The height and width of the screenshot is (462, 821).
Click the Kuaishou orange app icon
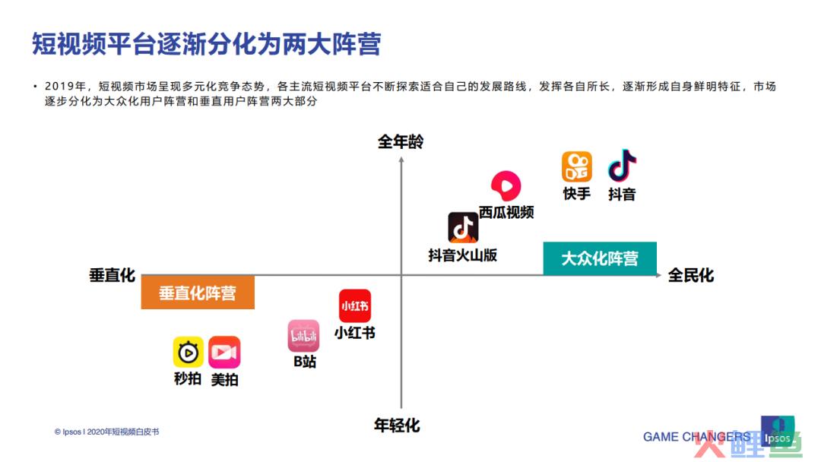[x=576, y=166]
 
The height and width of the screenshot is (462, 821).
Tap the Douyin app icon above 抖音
[x=622, y=166]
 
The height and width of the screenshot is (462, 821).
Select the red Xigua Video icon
[x=506, y=185]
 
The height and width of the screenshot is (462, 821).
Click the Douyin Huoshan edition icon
[x=463, y=228]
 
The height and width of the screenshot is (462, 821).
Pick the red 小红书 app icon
[x=355, y=305]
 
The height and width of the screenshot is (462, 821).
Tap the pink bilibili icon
[x=303, y=336]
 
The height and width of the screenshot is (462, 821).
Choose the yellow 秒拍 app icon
[x=188, y=352]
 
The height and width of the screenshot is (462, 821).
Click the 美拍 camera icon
[x=224, y=352]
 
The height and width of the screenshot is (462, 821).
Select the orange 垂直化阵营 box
[x=198, y=293]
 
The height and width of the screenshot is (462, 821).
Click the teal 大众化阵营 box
[x=600, y=258]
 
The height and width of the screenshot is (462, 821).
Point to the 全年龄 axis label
[x=401, y=142]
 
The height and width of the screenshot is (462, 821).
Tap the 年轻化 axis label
[x=397, y=426]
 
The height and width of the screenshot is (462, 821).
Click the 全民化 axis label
[x=690, y=275]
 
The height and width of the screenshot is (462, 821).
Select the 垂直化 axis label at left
[x=112, y=275]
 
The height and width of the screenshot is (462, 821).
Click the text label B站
[x=304, y=362]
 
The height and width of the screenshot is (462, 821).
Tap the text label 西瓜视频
[x=506, y=212]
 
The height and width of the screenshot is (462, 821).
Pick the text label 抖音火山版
[x=462, y=255]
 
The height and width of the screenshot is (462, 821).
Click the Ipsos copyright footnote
[x=107, y=432]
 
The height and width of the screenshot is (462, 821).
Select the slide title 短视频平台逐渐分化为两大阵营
[x=206, y=43]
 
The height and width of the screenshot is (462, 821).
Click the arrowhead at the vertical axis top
[x=401, y=160]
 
